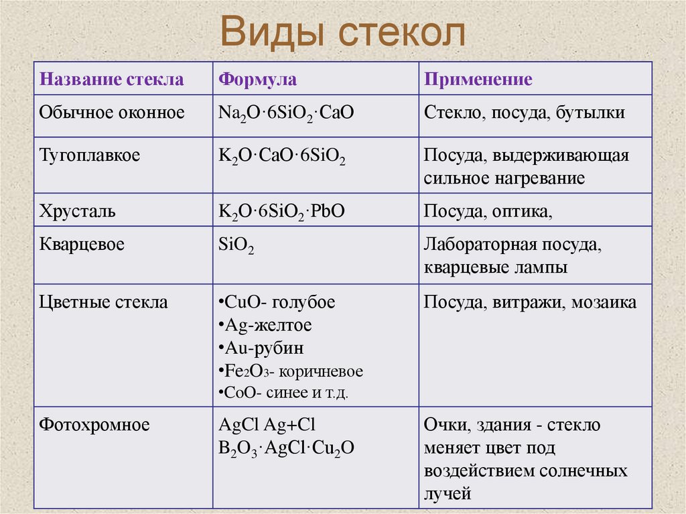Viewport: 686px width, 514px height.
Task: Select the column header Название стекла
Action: (111, 80)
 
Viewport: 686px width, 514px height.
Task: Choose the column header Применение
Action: (478, 80)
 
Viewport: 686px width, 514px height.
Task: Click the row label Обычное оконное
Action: (112, 113)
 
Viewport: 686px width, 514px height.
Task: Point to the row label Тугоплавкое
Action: (90, 155)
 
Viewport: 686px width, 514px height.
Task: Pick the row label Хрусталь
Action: (78, 212)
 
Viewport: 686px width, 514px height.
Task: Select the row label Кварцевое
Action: (82, 244)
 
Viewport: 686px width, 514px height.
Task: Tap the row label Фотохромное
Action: (94, 424)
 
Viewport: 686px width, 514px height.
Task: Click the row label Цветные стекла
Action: (104, 302)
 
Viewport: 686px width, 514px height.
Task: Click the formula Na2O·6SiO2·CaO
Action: (286, 113)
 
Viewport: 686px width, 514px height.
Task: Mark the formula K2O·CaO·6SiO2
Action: (282, 157)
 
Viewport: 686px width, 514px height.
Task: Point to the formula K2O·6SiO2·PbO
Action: (281, 212)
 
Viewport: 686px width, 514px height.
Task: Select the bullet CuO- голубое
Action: (277, 302)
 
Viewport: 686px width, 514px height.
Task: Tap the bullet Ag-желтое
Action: (265, 326)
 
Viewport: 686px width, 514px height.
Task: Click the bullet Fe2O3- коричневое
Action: (291, 371)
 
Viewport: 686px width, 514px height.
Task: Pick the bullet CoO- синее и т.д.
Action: (283, 393)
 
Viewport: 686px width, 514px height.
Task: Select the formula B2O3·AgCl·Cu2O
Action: (287, 448)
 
